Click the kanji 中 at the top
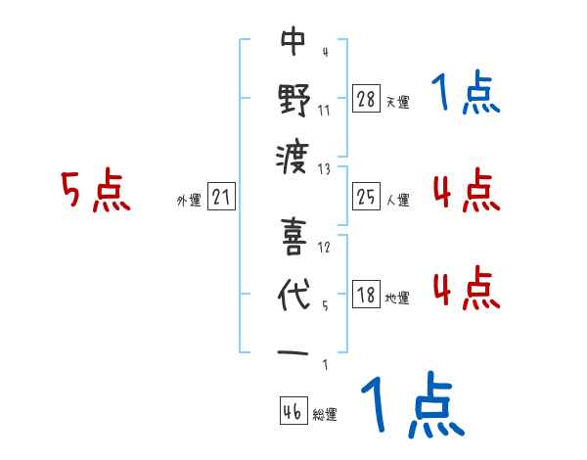pyautogui.click(x=293, y=41)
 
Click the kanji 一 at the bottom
pyautogui.click(x=293, y=350)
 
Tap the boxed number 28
pyautogui.click(x=366, y=98)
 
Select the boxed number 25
pyautogui.click(x=366, y=198)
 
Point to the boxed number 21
pyautogui.click(x=222, y=198)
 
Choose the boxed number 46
pyautogui.click(x=293, y=411)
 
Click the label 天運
pyautogui.click(x=397, y=102)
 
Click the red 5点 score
pyautogui.click(x=94, y=191)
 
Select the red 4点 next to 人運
pyautogui.click(x=466, y=191)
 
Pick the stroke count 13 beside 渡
pyautogui.click(x=325, y=168)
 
